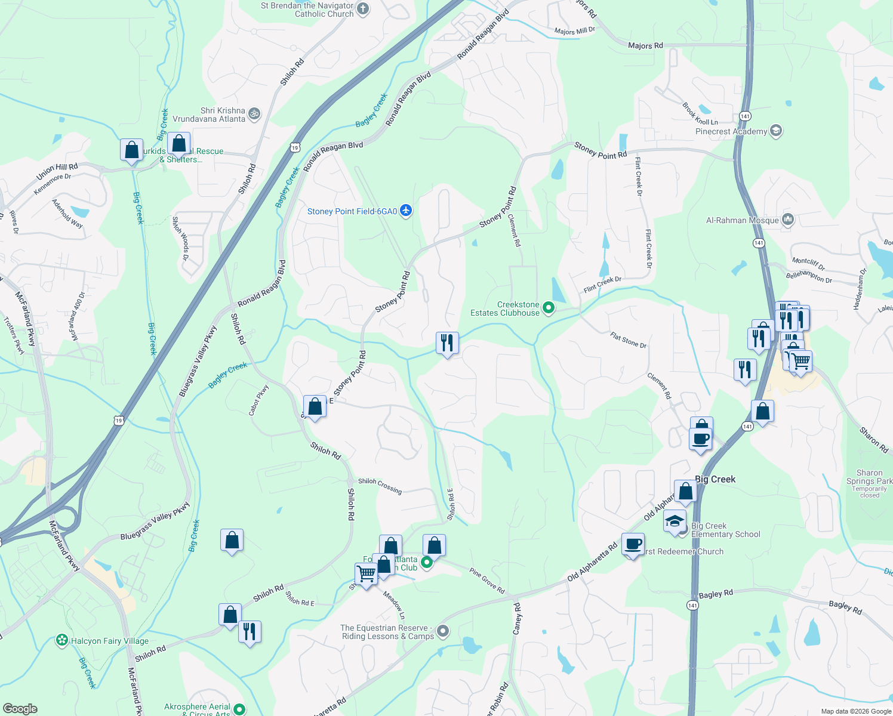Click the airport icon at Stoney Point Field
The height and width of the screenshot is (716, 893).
406,211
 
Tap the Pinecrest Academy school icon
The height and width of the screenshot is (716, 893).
776,131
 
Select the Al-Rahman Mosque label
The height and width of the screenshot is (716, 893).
742,220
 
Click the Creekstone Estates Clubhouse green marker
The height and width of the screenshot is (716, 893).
549,308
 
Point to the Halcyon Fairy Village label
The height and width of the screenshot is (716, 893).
110,641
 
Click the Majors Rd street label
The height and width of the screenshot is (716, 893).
645,45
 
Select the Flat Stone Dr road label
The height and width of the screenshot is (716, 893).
628,340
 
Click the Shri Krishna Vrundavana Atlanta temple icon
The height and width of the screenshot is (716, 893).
254,113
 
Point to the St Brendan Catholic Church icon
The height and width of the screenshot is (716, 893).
363,9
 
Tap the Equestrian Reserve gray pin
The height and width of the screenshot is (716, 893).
443,631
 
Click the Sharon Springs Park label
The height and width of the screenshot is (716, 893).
869,477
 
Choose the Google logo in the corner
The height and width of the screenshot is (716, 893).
20,708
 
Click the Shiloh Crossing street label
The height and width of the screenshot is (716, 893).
380,486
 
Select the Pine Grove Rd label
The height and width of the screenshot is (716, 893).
486,581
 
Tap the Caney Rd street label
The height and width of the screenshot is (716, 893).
518,618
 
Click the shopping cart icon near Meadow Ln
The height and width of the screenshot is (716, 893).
366,574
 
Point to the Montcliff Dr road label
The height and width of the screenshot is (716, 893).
808,263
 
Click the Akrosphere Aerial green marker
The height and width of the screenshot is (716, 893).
239,709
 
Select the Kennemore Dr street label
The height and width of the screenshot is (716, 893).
53,184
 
